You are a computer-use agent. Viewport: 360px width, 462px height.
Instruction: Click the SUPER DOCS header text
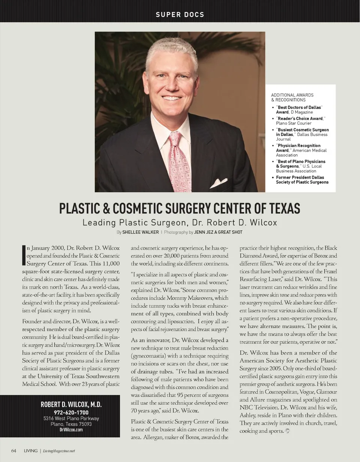pos(180,15)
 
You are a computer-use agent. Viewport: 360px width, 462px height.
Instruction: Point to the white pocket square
pos(218,183)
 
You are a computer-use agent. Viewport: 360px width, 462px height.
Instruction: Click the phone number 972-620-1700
pos(71,412)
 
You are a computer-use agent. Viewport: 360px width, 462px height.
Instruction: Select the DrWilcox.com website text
pos(71,430)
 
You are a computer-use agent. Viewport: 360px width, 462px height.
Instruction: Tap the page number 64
pos(13,451)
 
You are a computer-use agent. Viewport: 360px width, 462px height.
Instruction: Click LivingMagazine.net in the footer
pos(59,451)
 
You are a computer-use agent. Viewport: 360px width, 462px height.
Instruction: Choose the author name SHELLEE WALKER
pos(140,232)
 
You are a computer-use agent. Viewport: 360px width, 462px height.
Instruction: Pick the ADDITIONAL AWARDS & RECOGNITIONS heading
pos(292,97)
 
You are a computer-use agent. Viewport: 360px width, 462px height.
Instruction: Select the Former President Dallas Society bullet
pos(302,180)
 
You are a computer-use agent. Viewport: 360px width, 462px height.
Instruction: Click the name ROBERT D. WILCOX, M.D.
pos(71,405)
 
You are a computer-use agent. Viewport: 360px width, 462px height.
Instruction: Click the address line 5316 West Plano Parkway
pos(71,418)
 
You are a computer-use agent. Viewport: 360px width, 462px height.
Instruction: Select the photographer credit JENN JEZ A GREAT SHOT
pos(218,232)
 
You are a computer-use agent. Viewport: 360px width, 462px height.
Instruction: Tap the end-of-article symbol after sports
pos(288,431)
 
